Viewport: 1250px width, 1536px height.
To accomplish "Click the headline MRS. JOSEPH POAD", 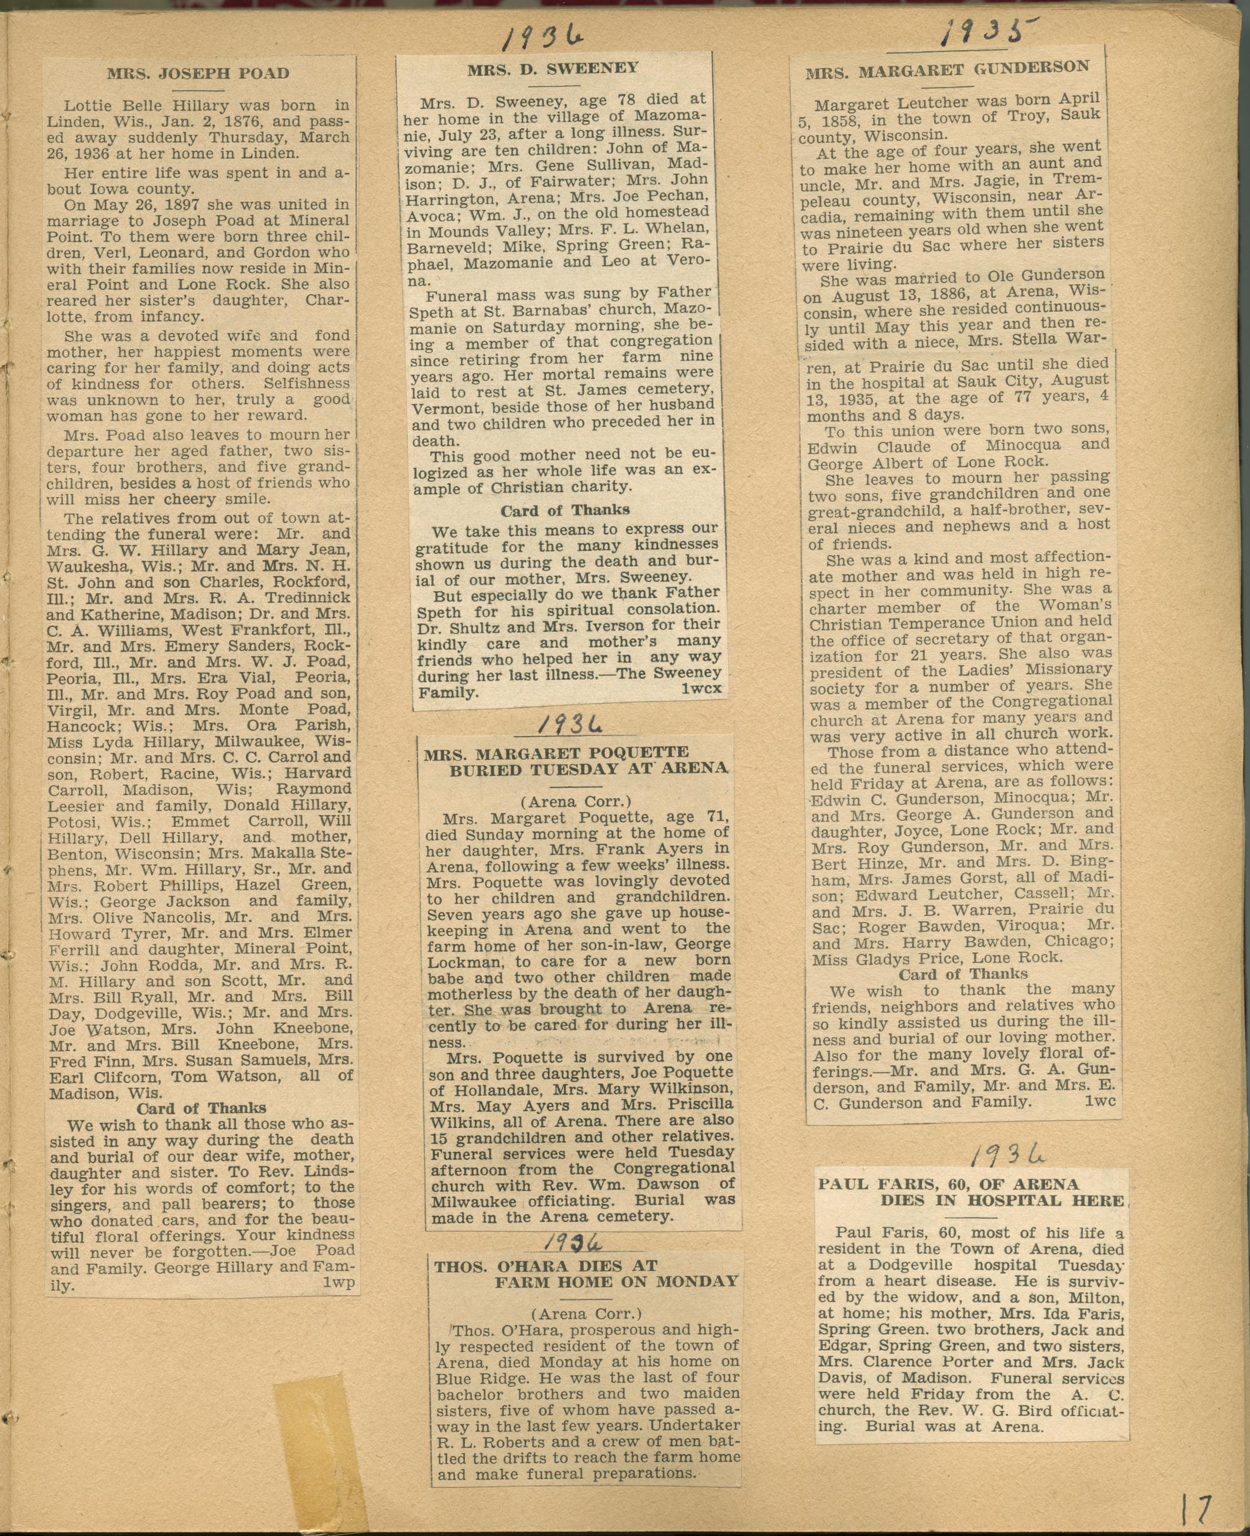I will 198,74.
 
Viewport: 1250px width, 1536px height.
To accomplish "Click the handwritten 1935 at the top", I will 989,32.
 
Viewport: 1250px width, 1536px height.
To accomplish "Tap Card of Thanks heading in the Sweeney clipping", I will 565,510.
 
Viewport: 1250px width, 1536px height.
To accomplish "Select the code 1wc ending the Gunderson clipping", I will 1099,1102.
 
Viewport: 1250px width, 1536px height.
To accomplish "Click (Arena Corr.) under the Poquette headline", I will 574,801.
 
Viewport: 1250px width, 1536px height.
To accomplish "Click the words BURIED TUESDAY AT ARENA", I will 589,769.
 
